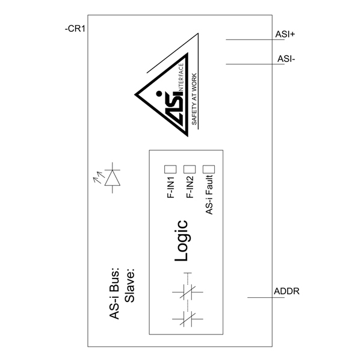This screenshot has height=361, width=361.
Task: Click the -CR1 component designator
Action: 75,29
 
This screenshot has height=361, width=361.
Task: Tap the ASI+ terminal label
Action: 285,34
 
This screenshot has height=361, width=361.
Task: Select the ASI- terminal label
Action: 286,59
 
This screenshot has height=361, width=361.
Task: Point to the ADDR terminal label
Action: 286,291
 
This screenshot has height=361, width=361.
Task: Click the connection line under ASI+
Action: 255,40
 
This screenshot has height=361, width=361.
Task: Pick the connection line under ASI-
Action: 255,64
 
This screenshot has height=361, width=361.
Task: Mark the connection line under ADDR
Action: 266,297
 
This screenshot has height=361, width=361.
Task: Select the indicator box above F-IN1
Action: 170,169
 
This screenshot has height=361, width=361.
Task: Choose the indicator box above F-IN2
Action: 190,169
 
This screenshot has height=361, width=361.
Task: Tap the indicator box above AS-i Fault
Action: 209,169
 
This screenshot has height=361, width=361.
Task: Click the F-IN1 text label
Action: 171,187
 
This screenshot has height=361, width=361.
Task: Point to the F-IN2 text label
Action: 190,187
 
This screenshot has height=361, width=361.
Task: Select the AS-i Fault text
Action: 209,195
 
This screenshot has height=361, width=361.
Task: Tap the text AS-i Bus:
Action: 114,294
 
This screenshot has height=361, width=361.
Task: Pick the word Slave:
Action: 129,285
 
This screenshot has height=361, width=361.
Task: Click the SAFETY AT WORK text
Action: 194,99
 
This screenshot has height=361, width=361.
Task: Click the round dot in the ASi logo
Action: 159,93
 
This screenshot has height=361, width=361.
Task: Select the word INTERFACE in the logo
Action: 181,78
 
